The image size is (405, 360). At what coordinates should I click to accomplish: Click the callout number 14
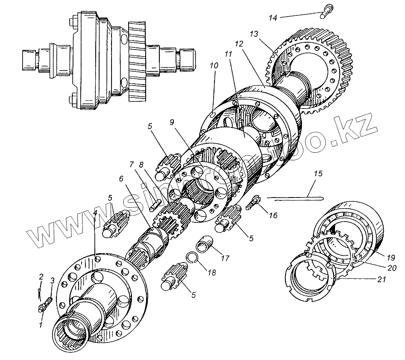(273, 18)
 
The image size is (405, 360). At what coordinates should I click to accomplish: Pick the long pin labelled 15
(295, 198)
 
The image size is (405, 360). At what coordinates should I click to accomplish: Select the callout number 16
(273, 215)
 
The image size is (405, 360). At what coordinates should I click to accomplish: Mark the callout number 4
(95, 212)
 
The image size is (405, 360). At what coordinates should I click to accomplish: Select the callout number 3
(52, 280)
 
